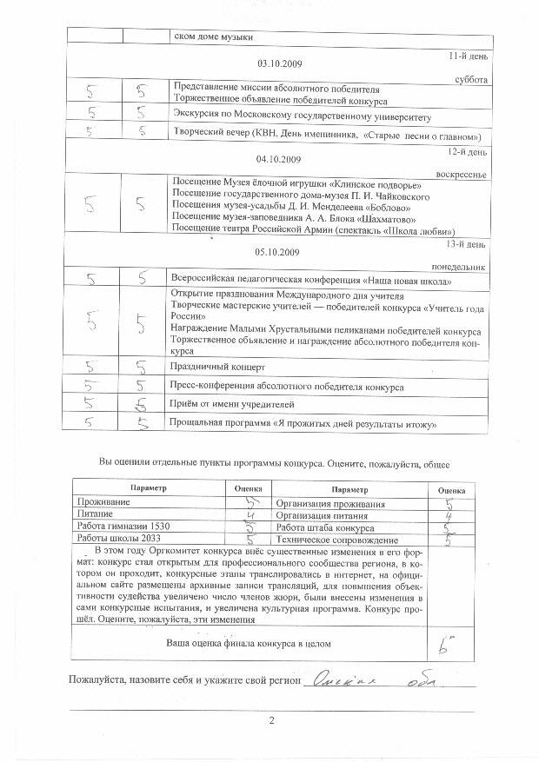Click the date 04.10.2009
coord(278,160)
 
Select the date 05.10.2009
coord(278,253)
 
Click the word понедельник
coord(460,267)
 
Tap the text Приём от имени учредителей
coord(233,405)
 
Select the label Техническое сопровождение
coord(330,540)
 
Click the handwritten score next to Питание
coord(248,514)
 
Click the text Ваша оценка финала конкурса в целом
coord(249,643)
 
